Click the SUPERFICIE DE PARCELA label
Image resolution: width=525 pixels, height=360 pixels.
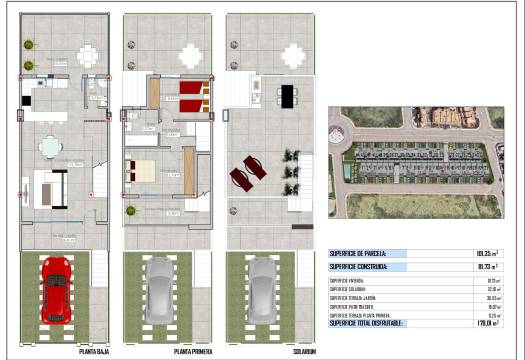click(x=366, y=254)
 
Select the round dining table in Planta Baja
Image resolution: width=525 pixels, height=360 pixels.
click(x=49, y=147)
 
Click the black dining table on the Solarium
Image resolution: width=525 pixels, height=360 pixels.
click(x=287, y=96)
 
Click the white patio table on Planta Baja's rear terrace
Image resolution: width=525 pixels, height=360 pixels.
click(x=89, y=57)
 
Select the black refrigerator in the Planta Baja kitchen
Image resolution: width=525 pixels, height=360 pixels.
click(x=27, y=100)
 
